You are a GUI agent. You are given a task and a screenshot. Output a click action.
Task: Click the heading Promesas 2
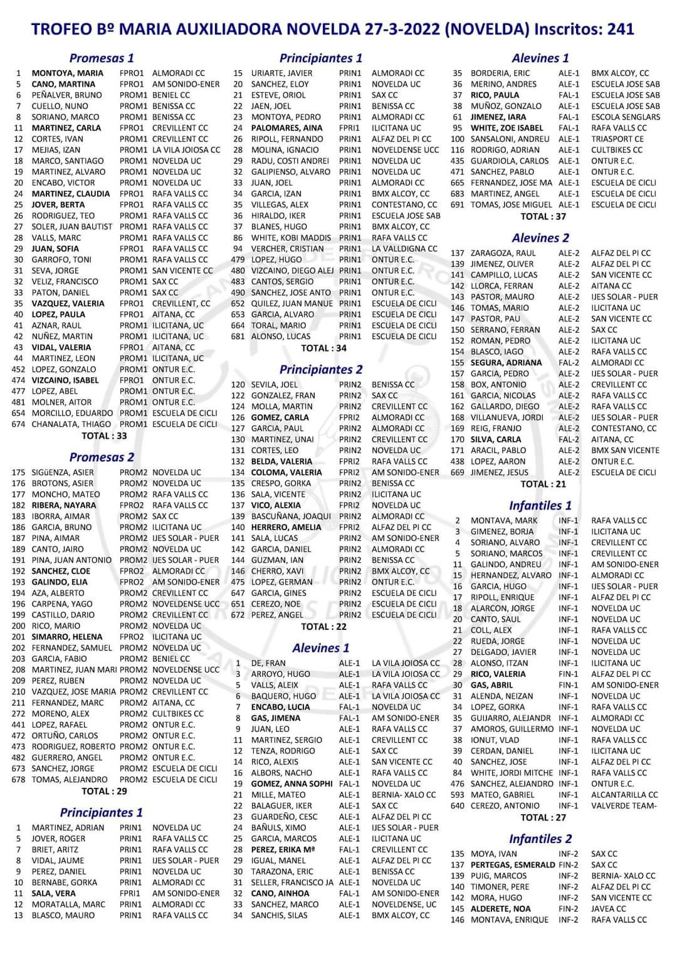(102, 457)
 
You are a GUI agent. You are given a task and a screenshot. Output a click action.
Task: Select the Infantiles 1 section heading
(540, 505)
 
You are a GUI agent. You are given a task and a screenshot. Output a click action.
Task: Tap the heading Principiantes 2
(320, 369)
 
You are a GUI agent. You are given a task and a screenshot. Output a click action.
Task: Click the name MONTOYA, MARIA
(68, 73)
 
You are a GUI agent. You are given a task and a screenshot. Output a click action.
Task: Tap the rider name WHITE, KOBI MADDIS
(291, 238)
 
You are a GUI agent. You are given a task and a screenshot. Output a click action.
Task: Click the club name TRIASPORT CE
(617, 139)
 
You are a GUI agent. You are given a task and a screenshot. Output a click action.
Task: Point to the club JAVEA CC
(608, 909)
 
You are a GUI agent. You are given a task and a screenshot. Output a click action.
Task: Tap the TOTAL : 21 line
(543, 484)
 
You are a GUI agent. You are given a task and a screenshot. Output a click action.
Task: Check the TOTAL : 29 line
(104, 791)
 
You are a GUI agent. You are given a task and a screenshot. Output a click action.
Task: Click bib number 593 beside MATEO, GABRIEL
(457, 795)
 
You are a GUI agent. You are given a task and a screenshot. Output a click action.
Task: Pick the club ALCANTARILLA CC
(624, 795)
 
